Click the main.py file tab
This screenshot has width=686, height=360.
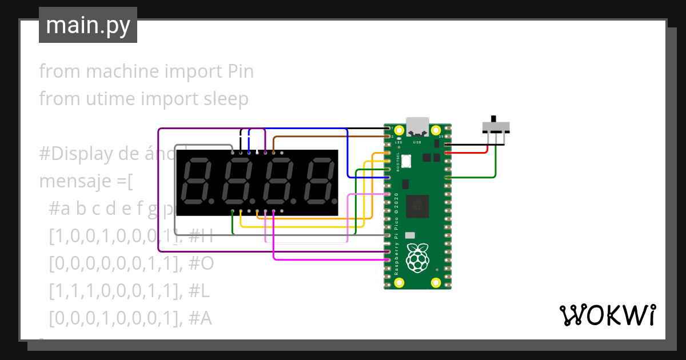click(87, 25)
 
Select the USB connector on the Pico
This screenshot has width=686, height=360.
click(417, 126)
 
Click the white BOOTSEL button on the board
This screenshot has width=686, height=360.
click(406, 161)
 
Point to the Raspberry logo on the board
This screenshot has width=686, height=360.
click(417, 257)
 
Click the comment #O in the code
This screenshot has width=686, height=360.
click(201, 263)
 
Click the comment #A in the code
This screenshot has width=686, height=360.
click(200, 318)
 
